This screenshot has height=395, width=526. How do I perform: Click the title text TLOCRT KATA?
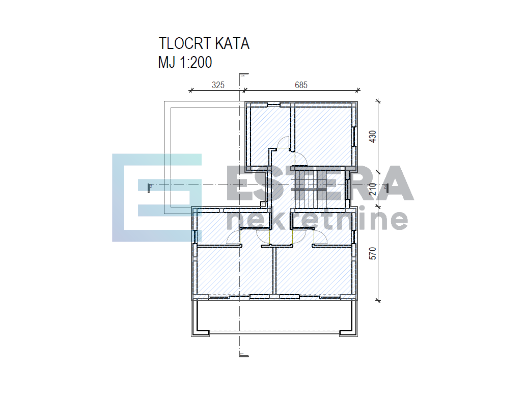204,44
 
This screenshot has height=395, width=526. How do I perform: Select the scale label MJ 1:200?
185,63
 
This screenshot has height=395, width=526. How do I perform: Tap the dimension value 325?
218,85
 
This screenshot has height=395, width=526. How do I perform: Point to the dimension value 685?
301,85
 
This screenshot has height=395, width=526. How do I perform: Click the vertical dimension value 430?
373,137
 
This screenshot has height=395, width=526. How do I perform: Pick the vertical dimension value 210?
373,189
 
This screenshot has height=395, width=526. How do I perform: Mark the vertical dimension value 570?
373,253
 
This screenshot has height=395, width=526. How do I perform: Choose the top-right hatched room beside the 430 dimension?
323,135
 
